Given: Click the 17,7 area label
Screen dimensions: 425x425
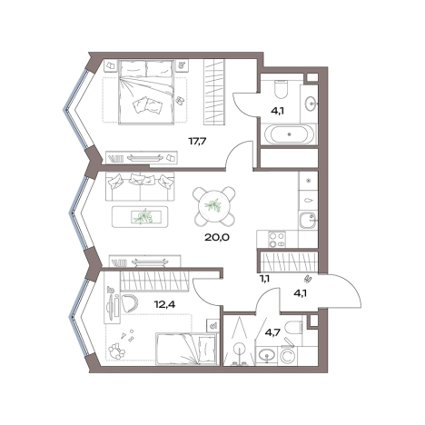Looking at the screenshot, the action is (x=197, y=141).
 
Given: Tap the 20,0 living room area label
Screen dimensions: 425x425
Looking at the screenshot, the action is (x=217, y=237).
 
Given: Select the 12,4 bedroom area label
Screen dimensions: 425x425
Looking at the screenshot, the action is (x=164, y=303).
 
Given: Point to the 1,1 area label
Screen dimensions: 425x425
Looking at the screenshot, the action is (x=264, y=278).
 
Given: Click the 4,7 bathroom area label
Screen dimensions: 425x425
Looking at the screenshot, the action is (x=272, y=332).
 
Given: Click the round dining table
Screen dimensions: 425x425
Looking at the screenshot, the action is (x=214, y=206).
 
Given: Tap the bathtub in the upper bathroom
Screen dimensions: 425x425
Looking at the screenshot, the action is (x=290, y=134).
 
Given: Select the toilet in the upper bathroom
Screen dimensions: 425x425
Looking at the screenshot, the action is (x=281, y=88).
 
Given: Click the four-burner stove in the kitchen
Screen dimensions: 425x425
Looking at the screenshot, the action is (x=277, y=240).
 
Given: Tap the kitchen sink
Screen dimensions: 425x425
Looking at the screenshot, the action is (x=308, y=221).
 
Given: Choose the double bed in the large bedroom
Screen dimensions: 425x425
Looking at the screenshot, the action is (x=147, y=92).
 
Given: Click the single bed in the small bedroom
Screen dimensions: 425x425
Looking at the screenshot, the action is (x=186, y=349).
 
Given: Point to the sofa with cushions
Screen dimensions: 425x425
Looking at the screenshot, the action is (x=140, y=186).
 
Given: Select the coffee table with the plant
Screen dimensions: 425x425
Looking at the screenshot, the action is (x=140, y=217).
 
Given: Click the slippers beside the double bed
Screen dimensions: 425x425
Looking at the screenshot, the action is (x=180, y=100).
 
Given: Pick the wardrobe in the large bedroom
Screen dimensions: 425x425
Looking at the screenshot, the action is (x=214, y=92).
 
